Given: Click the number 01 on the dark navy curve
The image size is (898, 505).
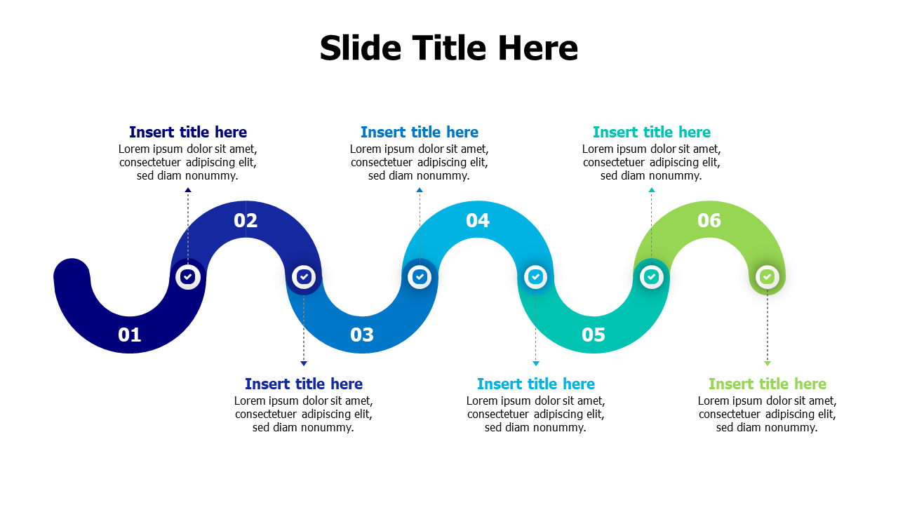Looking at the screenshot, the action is (130, 335).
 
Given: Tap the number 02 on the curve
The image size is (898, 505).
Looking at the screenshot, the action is (246, 220).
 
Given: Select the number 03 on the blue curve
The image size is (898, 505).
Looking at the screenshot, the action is (361, 335).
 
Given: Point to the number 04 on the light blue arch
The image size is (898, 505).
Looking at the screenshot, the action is (478, 220).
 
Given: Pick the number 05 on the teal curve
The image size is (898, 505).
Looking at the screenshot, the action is (594, 335).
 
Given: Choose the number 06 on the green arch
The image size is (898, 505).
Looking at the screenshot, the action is (709, 220).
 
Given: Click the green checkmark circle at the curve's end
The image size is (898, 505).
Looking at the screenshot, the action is (768, 276).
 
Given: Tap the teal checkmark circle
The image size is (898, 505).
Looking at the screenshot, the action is (652, 276).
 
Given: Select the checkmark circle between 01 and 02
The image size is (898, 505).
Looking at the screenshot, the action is (187, 276).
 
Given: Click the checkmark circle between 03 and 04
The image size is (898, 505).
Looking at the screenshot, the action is (420, 276).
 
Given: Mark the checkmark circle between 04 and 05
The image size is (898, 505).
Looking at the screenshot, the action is (535, 276).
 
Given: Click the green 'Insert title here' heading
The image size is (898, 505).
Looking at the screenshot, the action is (768, 384).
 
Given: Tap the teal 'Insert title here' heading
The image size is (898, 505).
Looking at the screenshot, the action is (652, 132).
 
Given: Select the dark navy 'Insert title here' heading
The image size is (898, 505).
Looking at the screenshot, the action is (187, 132).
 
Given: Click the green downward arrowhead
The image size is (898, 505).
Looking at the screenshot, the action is (768, 363).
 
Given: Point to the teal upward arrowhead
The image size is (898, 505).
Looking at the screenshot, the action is (652, 190).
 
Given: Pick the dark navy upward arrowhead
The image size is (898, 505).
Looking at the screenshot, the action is (187, 190).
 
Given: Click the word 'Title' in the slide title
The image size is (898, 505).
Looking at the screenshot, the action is (450, 48).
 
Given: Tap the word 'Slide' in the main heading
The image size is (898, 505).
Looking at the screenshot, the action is (361, 48).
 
